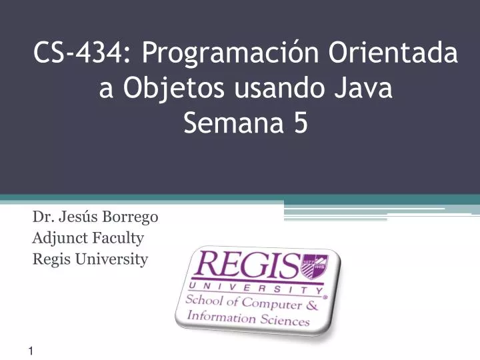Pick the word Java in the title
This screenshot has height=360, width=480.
(363, 89)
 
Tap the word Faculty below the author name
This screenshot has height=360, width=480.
(119, 237)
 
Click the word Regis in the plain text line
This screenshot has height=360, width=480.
(49, 259)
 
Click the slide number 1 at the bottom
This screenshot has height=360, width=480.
(32, 351)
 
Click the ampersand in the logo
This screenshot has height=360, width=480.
(313, 307)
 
